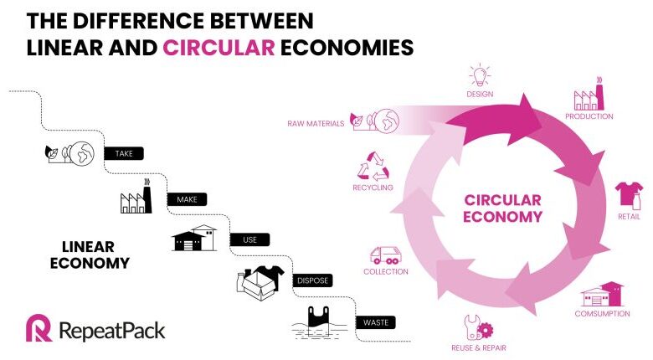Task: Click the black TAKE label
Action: click(x=124, y=153)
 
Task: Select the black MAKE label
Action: click(x=187, y=199)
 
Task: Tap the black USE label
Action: click(x=249, y=239)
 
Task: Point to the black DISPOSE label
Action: click(x=313, y=280)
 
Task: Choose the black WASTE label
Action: click(x=376, y=322)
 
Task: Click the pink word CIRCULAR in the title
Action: click(x=219, y=48)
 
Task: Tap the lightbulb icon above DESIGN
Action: click(x=480, y=75)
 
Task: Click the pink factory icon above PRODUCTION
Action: click(x=589, y=94)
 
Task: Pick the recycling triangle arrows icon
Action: click(x=373, y=167)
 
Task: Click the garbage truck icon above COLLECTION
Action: click(x=386, y=255)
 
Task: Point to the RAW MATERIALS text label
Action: click(x=316, y=123)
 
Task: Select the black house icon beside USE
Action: click(x=194, y=238)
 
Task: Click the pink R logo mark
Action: click(x=39, y=328)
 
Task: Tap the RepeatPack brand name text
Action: click(x=112, y=332)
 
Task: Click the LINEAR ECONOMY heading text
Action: click(x=90, y=255)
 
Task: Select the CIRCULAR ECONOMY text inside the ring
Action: click(x=502, y=208)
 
